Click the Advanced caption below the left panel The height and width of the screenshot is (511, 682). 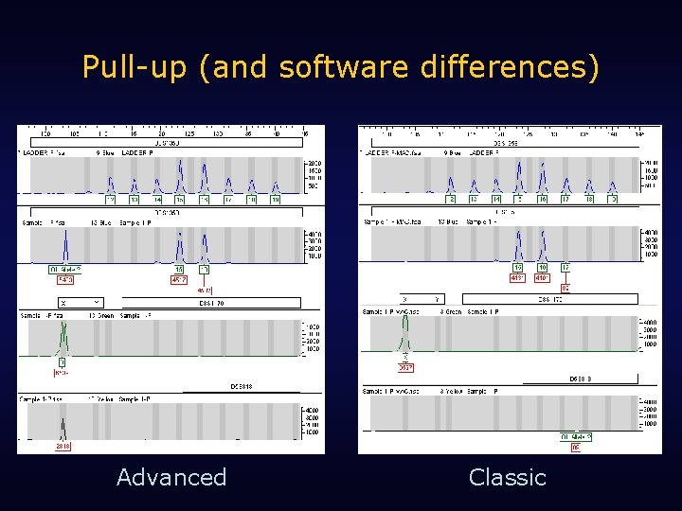171,477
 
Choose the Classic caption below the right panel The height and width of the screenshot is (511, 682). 508,477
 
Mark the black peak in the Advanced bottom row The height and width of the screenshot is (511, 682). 63,425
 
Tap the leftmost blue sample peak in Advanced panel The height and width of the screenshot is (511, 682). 65,248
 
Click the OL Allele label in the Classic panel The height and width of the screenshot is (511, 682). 576,436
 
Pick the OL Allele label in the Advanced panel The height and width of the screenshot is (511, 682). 65,270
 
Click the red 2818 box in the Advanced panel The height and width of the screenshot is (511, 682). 63,446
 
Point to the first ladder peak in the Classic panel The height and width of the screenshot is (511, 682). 452,184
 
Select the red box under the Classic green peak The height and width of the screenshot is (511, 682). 405,368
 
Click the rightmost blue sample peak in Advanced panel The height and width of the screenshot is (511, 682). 204,251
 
